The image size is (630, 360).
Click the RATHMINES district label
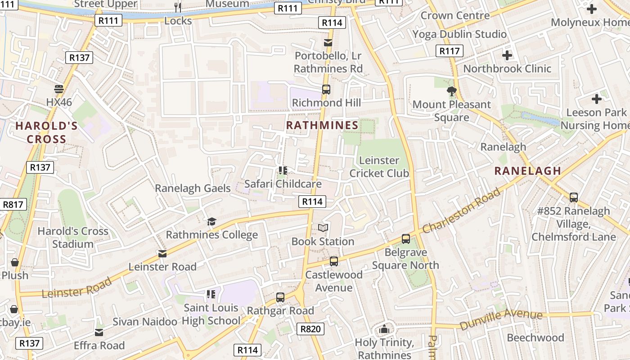point(322,126)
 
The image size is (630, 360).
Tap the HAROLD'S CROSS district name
point(46,133)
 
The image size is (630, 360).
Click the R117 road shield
point(450,51)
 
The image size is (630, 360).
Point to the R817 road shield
point(13,204)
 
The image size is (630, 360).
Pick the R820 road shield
point(310,329)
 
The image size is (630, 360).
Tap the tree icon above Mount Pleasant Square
point(451,92)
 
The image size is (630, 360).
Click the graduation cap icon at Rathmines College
point(211,221)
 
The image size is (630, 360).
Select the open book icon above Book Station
point(323,228)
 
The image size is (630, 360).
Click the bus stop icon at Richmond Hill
point(326,90)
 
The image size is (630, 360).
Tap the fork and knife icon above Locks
point(178,8)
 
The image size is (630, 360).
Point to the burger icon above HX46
point(58,89)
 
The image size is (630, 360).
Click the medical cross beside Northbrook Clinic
point(507,55)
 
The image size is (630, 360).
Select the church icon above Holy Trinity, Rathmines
point(384,329)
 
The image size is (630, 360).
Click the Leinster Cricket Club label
point(379,167)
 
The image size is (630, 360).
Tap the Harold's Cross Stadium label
point(73,238)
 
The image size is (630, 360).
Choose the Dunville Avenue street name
point(501,319)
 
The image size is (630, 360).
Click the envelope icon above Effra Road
point(99,333)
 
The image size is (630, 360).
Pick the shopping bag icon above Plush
point(15,262)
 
